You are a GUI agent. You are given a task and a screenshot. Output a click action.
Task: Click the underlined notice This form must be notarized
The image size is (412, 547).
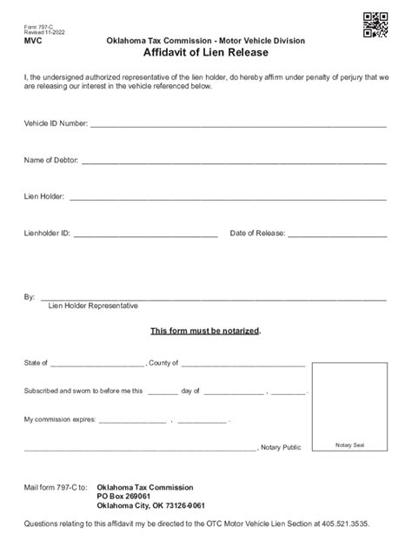(x=205, y=332)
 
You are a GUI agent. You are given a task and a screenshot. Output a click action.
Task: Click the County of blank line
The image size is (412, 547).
(x=243, y=365)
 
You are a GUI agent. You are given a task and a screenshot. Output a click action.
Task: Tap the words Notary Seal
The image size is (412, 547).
(x=349, y=445)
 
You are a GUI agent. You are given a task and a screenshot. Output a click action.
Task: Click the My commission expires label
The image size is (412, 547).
(x=59, y=420)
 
